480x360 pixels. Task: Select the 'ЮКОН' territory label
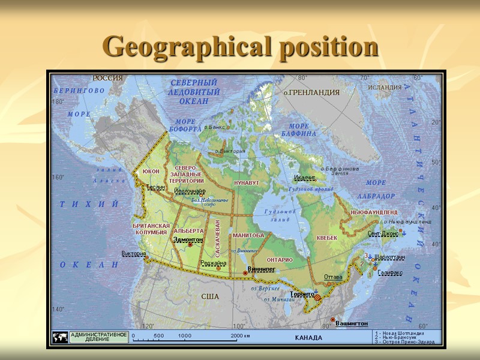pos(151,172)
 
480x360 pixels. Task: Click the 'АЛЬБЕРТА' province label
pos(188,230)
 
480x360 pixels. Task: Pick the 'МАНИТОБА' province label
pos(248,235)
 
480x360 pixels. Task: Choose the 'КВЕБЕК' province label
pos(327,238)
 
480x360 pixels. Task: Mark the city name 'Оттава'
pos(333,277)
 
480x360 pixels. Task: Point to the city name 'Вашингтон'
pos(352,323)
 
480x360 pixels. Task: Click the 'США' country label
pos(209,296)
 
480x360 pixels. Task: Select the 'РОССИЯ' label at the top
pos(107,78)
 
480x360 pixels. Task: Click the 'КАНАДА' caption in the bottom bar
pos(308,337)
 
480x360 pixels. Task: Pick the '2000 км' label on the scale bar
pos(240,335)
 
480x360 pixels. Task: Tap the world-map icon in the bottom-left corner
pos(60,337)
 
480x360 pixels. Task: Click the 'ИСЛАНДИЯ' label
pos(385,87)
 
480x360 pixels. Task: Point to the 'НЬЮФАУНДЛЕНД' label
pos(374,212)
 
